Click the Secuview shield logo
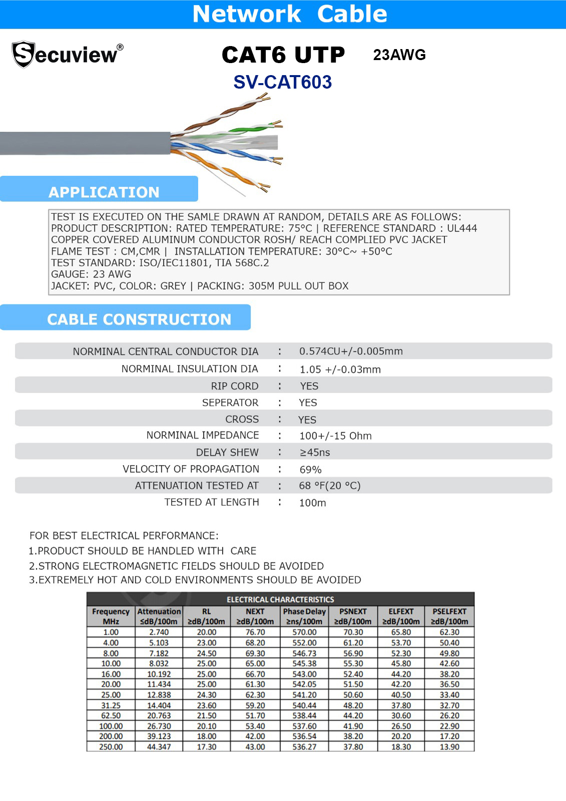tap(24, 54)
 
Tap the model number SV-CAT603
tap(282, 82)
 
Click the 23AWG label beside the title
tap(399, 55)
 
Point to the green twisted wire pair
tap(255, 126)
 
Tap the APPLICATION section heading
tap(104, 192)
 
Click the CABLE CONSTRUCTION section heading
tap(139, 319)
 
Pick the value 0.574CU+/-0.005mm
tap(351, 351)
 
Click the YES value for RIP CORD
tap(309, 386)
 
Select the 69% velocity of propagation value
tap(310, 470)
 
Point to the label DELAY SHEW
tap(227, 452)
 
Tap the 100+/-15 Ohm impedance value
tap(335, 436)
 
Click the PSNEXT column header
tap(353, 616)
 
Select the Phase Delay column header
tap(304, 616)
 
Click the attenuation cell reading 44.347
tap(159, 747)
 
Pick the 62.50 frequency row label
tap(111, 715)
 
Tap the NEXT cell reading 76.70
tap(255, 632)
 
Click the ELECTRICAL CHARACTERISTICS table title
tap(280, 599)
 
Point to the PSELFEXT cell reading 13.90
tap(449, 747)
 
